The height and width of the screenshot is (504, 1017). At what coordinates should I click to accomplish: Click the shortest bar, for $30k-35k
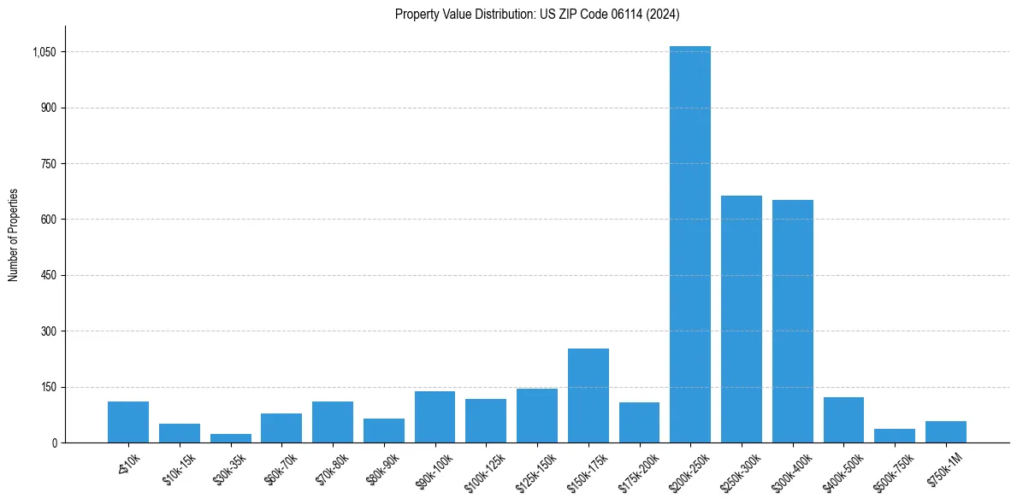pos(230,438)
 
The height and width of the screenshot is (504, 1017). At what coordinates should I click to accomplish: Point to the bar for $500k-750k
pos(894,436)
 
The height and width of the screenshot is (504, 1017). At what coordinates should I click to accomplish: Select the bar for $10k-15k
pos(179,433)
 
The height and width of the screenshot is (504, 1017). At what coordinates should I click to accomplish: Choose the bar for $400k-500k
pos(843,419)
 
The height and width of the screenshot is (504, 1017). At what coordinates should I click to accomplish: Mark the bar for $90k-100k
pos(435,417)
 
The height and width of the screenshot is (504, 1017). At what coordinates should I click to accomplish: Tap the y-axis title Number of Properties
pos(14,234)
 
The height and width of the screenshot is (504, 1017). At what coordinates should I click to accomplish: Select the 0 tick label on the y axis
pos(53,442)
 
